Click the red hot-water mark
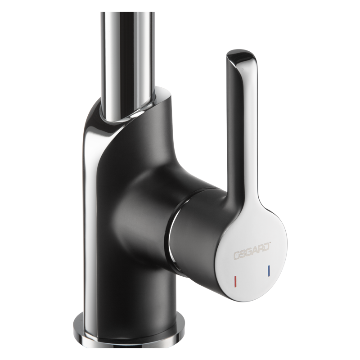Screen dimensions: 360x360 pos(235,280)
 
